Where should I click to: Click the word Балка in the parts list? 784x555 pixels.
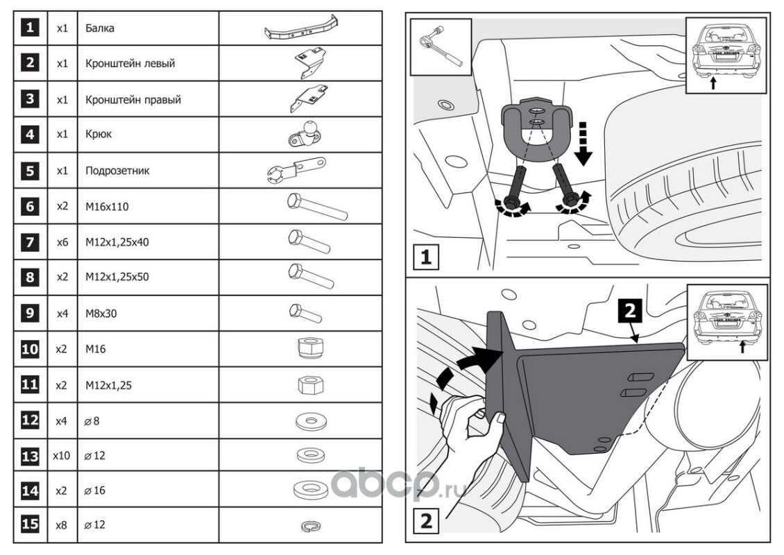(x=100, y=28)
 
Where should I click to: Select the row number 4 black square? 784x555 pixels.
(x=29, y=134)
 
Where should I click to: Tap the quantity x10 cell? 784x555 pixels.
(x=62, y=456)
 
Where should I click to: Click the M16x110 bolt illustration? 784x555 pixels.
(x=316, y=206)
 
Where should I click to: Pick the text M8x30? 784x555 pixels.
(x=101, y=313)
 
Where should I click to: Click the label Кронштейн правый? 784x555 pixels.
(x=133, y=99)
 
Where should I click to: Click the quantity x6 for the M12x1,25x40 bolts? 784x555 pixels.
(x=62, y=242)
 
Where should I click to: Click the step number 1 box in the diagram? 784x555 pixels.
(x=426, y=258)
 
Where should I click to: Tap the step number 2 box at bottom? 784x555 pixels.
(x=426, y=520)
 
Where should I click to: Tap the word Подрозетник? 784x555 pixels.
(x=117, y=170)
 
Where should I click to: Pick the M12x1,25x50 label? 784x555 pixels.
(x=117, y=277)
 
